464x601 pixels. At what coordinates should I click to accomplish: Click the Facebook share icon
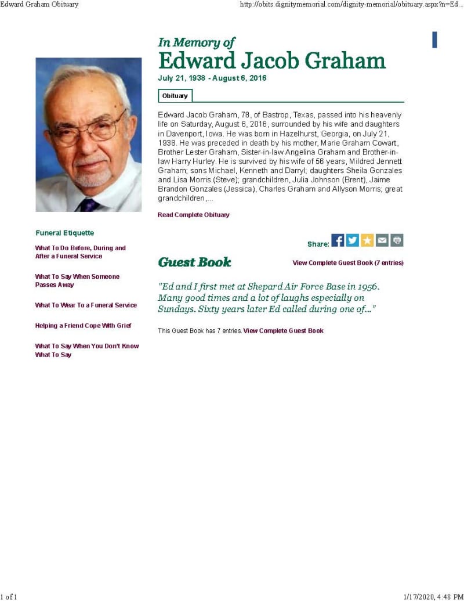coord(338,240)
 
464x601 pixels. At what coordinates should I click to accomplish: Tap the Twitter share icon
coord(353,240)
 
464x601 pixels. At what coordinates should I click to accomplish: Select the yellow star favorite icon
coord(367,240)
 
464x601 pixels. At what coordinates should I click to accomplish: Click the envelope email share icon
coord(382,240)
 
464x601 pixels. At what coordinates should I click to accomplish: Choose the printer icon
coord(397,240)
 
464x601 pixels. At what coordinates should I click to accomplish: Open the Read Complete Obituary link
coord(194,215)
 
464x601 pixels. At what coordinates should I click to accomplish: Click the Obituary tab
coord(175,96)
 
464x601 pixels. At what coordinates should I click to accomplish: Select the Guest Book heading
coord(194,262)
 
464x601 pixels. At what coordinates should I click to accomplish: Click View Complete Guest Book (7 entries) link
coord(348,263)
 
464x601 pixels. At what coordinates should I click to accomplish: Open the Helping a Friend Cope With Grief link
coord(84,326)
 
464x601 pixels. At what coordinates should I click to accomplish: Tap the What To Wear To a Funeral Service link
coord(86,305)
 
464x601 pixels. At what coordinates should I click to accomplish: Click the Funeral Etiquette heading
coord(64,233)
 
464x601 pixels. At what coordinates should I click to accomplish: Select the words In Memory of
coord(197,42)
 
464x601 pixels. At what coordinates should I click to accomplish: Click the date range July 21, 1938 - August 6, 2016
coord(212,78)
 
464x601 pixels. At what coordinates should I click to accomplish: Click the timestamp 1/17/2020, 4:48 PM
coord(433,596)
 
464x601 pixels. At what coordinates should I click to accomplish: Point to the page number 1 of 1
coord(9,596)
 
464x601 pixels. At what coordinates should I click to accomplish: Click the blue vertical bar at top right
coord(434,40)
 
